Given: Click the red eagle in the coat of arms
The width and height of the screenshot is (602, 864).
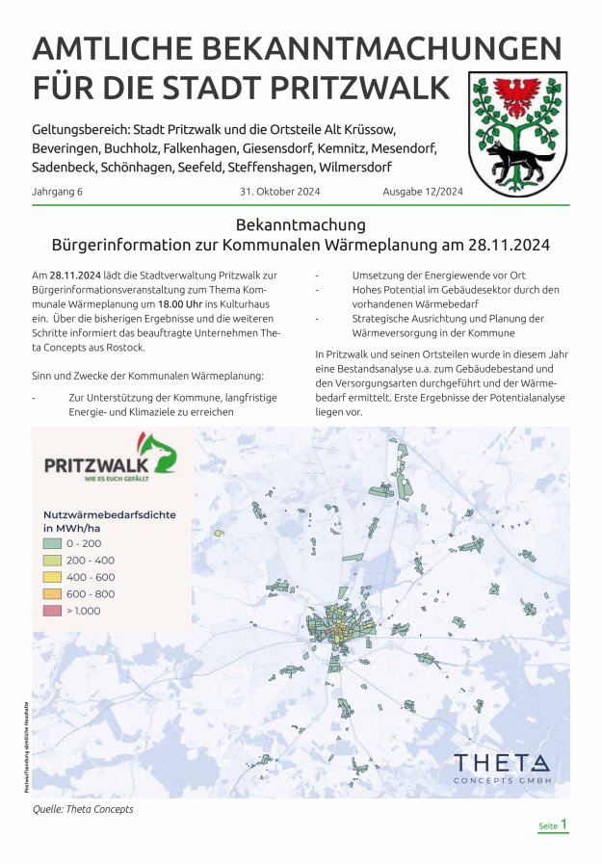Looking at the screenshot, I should pyautogui.click(x=518, y=97).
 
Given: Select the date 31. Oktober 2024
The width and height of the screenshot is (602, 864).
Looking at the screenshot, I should pyautogui.click(x=279, y=192).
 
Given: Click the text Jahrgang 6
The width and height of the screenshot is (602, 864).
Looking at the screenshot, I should pyautogui.click(x=58, y=192).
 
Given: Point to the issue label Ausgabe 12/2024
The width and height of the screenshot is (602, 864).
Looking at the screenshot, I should pyautogui.click(x=423, y=192).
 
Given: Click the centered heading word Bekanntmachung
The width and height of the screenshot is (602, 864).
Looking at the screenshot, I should pyautogui.click(x=301, y=225).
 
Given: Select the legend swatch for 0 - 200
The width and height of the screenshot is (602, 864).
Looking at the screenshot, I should pyautogui.click(x=52, y=544).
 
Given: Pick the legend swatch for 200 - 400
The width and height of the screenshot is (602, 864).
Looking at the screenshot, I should pyautogui.click(x=52, y=561).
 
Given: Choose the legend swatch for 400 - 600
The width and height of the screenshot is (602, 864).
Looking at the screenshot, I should pyautogui.click(x=52, y=577).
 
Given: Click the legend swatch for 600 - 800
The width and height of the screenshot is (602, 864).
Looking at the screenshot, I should pyautogui.click(x=52, y=593).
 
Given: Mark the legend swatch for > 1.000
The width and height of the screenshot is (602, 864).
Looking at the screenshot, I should pyautogui.click(x=52, y=611).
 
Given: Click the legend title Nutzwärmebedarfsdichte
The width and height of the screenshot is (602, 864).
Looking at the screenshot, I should pyautogui.click(x=109, y=515).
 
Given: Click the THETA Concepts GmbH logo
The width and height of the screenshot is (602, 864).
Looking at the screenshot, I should pyautogui.click(x=502, y=768).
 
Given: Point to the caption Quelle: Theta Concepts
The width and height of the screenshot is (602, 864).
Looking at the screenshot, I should pyautogui.click(x=83, y=809).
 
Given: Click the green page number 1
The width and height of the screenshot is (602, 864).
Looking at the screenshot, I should pyautogui.click(x=564, y=825).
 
